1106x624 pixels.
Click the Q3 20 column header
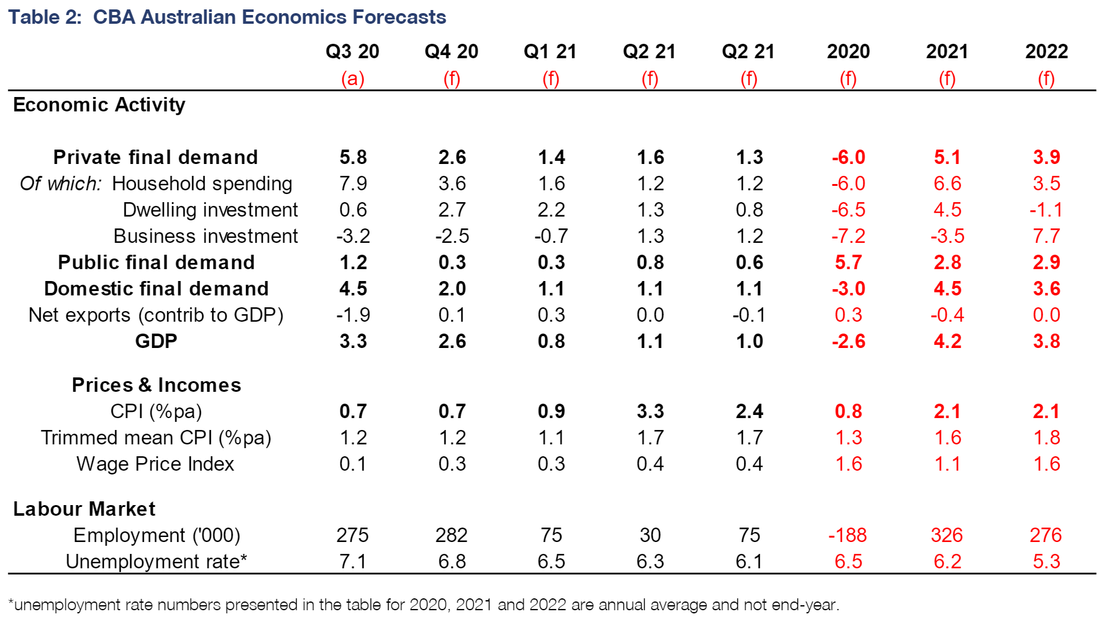pos(352,51)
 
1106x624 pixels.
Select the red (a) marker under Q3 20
pos(352,79)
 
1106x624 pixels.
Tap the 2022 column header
pos(1046,51)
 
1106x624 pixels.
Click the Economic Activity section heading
pos(99,105)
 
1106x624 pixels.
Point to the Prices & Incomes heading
pos(156,385)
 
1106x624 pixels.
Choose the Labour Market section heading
pos(84,509)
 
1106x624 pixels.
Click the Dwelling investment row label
pos(210,210)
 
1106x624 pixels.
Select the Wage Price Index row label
pos(155,464)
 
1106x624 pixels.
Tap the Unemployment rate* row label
pos(156,561)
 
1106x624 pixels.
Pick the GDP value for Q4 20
pos(452,341)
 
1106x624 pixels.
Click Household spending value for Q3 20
pos(353,183)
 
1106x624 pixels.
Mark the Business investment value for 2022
pos(1046,236)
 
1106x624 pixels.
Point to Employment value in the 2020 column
pos(847,535)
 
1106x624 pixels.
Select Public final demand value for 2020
pos(848,262)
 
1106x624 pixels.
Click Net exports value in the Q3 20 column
pos(353,315)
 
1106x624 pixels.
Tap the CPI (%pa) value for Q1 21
pos(551,411)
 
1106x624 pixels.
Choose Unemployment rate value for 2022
pos(1046,561)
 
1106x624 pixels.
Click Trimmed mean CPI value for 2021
pos(947,437)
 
